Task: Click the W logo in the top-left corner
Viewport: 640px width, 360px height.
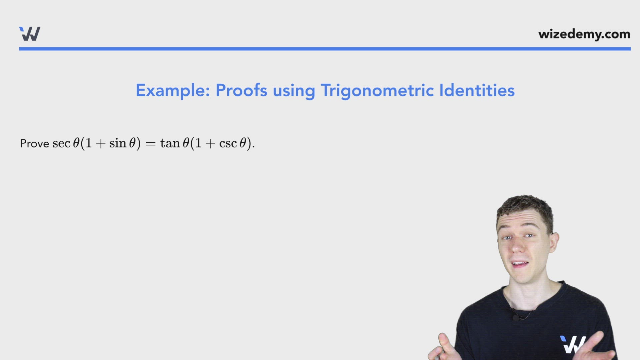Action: point(30,34)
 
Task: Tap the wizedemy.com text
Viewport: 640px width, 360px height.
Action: point(584,34)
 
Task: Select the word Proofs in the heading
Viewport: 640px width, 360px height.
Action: point(241,90)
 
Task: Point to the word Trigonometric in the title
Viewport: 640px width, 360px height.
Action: point(377,90)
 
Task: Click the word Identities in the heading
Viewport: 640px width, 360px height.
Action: point(477,90)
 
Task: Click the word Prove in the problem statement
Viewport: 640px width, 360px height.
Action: point(34,143)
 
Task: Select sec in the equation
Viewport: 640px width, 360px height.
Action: point(61,143)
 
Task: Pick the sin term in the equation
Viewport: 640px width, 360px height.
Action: point(118,143)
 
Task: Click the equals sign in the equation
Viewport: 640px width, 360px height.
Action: point(151,144)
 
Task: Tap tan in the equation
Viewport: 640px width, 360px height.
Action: point(170,143)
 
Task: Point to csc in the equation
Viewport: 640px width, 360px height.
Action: point(228,143)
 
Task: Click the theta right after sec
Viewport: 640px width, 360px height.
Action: point(76,143)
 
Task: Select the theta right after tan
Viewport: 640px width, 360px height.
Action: point(186,143)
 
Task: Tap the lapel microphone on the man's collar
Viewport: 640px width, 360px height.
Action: point(516,317)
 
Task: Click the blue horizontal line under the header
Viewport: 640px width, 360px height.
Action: point(325,49)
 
